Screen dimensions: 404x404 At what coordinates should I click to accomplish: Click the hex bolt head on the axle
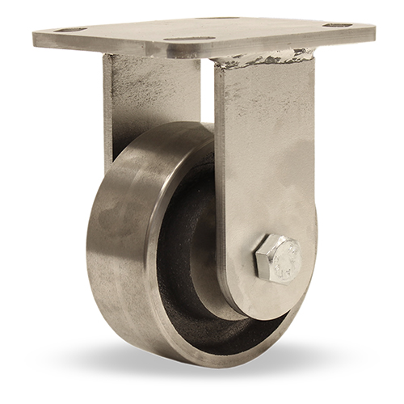pyautogui.click(x=277, y=259)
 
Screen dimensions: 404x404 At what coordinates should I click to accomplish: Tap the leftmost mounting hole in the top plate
pyautogui.click(x=71, y=30)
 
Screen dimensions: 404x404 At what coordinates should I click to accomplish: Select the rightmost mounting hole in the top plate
pyautogui.click(x=338, y=25)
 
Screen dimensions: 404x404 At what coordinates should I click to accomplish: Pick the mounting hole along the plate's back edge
pyautogui.click(x=218, y=18)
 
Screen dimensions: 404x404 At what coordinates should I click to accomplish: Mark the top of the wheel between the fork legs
pyautogui.click(x=174, y=129)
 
